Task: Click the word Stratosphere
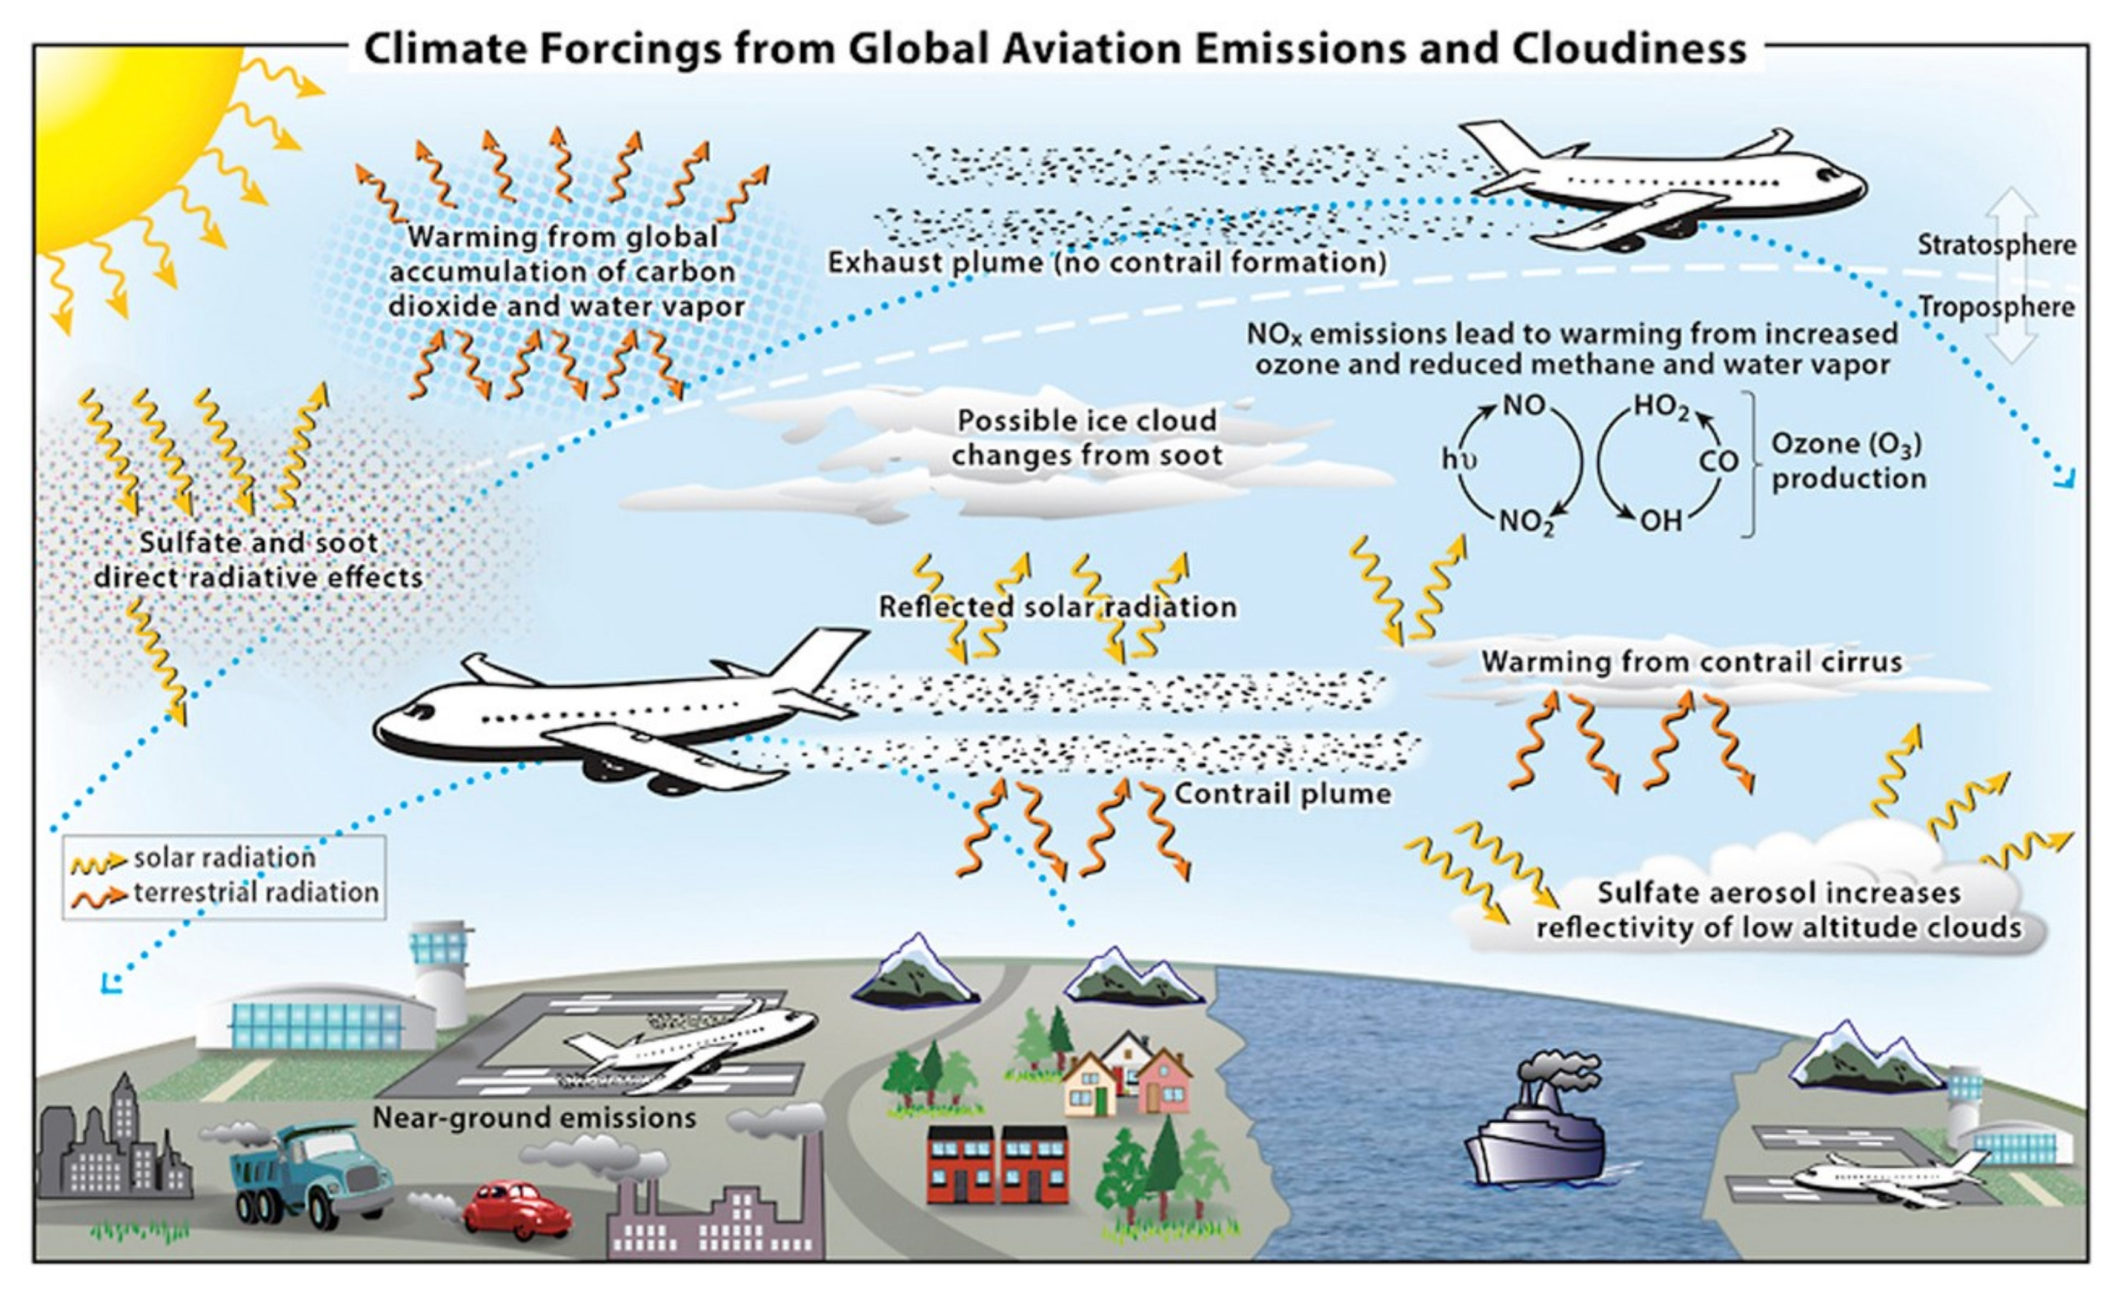(x=1997, y=245)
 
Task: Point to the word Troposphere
(x=1996, y=307)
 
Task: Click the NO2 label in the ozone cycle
(x=1527, y=522)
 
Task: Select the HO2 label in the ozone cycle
(x=1661, y=406)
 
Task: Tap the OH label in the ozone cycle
(x=1661, y=521)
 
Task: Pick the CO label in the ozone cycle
(x=1718, y=462)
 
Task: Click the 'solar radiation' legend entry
(x=224, y=857)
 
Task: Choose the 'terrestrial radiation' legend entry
(x=256, y=893)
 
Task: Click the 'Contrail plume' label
(x=1282, y=793)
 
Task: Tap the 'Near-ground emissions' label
(x=533, y=1117)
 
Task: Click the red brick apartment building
(x=997, y=1164)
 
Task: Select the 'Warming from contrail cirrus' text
(x=1691, y=661)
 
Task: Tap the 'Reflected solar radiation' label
(x=1057, y=607)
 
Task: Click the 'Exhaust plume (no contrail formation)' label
(x=1106, y=262)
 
